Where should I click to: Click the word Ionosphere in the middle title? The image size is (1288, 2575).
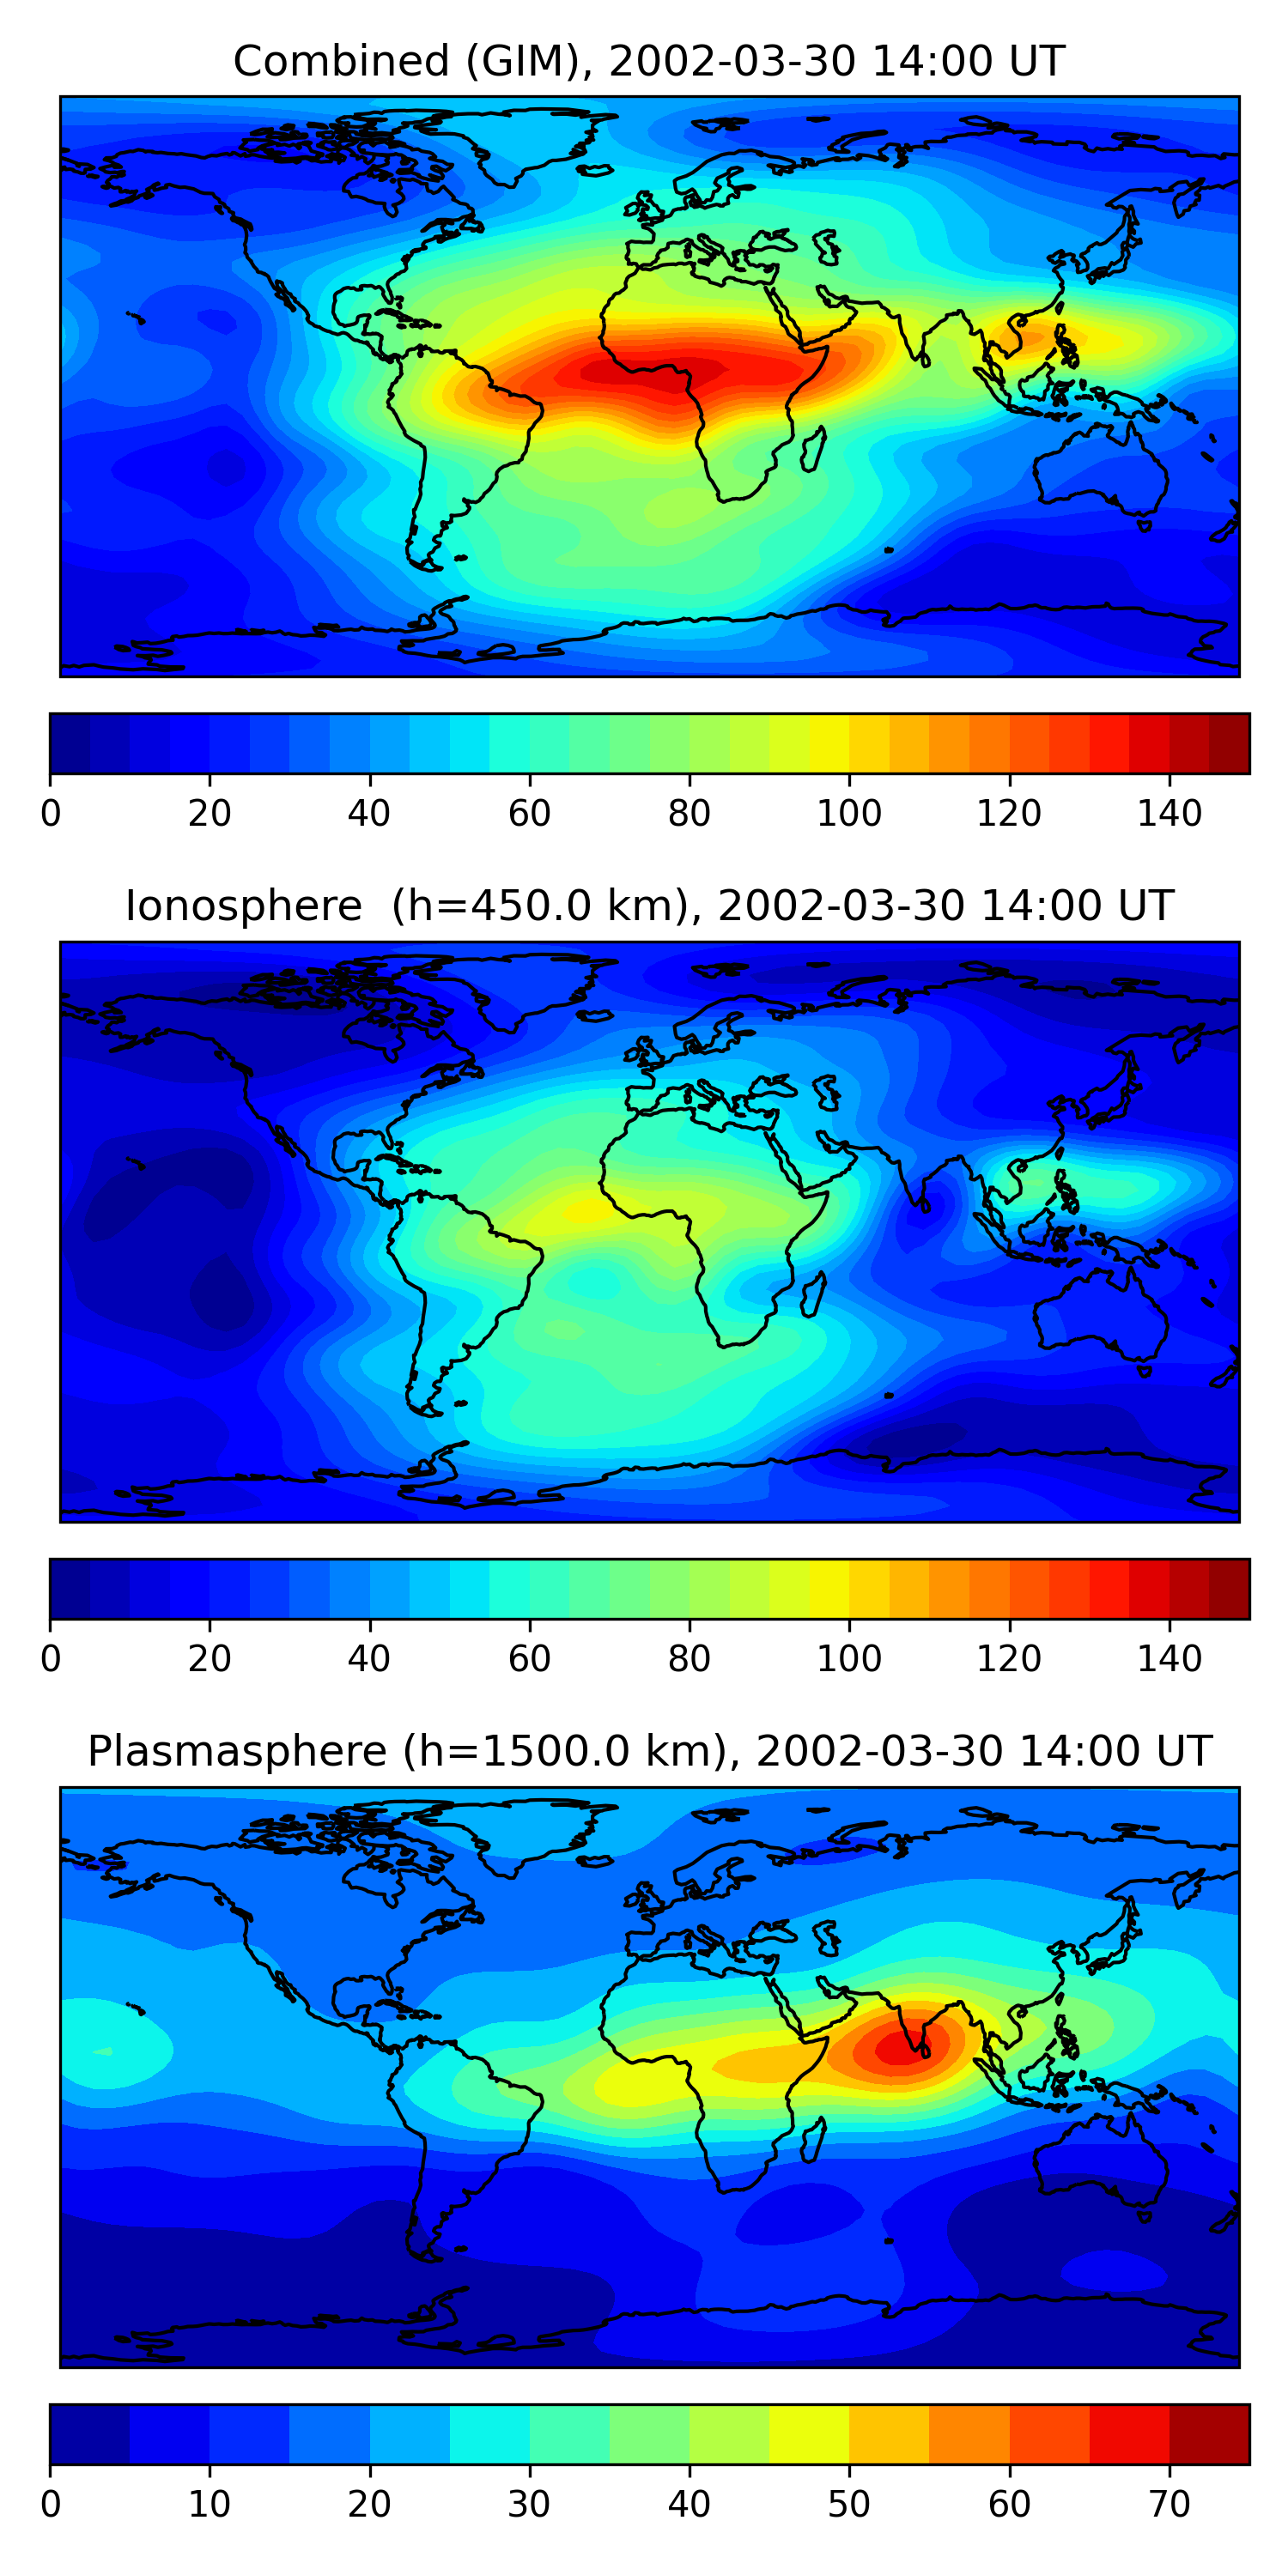click(x=243, y=906)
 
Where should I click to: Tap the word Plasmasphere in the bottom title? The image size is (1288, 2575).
click(x=236, y=1751)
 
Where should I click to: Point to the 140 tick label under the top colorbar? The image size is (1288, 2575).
click(x=1169, y=815)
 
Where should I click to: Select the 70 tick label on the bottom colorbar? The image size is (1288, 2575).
click(x=1169, y=2504)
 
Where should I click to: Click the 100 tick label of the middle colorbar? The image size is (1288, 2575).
click(x=849, y=1659)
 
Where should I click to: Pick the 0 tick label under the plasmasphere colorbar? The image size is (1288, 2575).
click(x=50, y=2504)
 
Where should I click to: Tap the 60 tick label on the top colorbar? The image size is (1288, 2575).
click(x=529, y=815)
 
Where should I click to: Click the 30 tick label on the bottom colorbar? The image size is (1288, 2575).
click(x=529, y=2504)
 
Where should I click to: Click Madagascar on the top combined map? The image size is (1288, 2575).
click(x=814, y=450)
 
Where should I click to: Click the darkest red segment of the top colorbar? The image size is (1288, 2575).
click(x=1229, y=743)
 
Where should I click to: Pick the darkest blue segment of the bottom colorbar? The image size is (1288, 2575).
click(x=89, y=2434)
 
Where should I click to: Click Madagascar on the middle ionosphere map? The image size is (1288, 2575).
click(x=814, y=1294)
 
